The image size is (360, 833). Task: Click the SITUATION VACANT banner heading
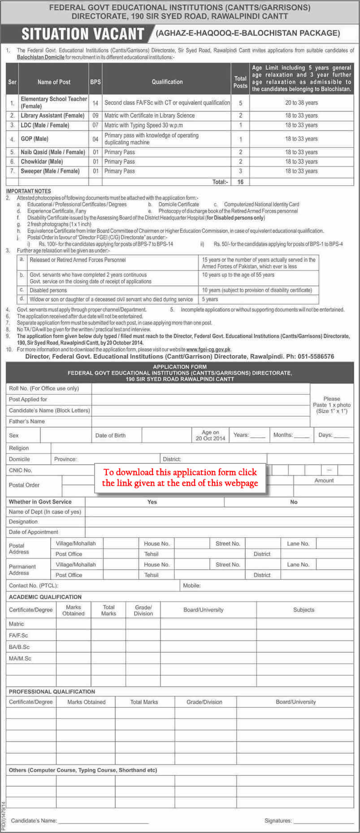click(83, 34)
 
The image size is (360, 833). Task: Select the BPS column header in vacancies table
click(95, 82)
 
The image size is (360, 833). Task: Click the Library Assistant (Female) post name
click(52, 116)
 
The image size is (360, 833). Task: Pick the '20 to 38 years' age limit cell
click(301, 103)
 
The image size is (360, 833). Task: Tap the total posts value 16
click(240, 182)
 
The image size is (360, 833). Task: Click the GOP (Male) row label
click(35, 139)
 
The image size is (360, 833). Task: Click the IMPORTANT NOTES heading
click(29, 191)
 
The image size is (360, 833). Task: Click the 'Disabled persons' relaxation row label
click(48, 290)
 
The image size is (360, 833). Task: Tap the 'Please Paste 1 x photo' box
click(332, 405)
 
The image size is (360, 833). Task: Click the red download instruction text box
click(180, 477)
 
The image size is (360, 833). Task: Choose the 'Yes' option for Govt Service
click(152, 502)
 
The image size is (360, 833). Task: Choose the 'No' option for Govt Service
click(294, 502)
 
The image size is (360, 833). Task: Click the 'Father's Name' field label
click(27, 421)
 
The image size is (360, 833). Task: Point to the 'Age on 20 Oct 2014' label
click(210, 435)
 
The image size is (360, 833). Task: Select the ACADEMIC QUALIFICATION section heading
click(45, 597)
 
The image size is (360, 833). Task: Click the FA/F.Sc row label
click(18, 635)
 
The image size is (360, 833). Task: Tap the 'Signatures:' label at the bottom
click(278, 820)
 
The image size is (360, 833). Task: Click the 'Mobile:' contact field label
click(192, 585)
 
